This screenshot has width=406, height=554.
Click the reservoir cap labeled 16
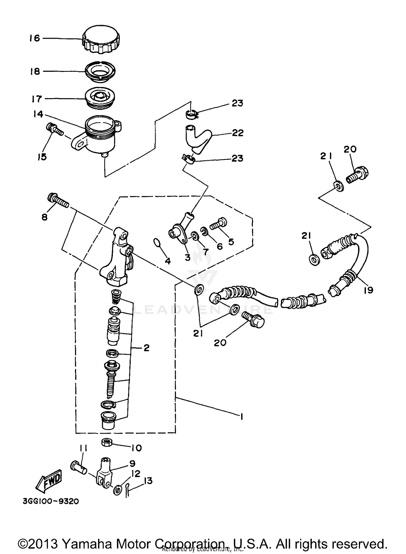[101, 39]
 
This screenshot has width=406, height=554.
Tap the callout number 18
[35, 72]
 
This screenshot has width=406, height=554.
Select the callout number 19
[369, 290]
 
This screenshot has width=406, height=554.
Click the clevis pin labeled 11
[78, 468]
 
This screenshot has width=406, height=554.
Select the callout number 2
[146, 348]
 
